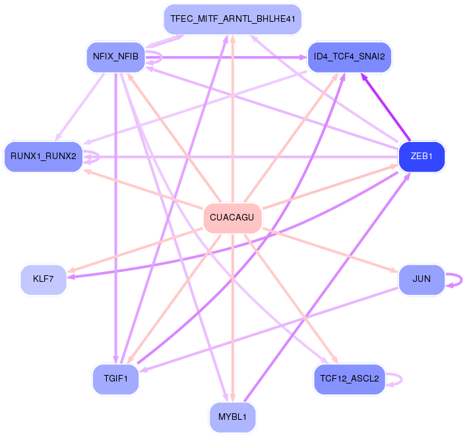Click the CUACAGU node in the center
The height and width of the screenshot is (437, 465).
coord(232,218)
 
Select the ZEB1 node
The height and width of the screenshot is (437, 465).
coord(421,156)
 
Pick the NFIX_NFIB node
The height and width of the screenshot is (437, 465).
coord(115,57)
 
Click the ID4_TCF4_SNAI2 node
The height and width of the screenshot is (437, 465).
coord(350,57)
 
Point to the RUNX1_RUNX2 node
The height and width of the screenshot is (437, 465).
coord(43,157)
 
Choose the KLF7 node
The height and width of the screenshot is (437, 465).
coord(44,279)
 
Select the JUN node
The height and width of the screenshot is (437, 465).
coord(421,279)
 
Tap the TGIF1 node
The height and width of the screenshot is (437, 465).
coord(115,379)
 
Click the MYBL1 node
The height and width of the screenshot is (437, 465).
coord(232,417)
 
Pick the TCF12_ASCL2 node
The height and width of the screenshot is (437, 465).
coord(349,379)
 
